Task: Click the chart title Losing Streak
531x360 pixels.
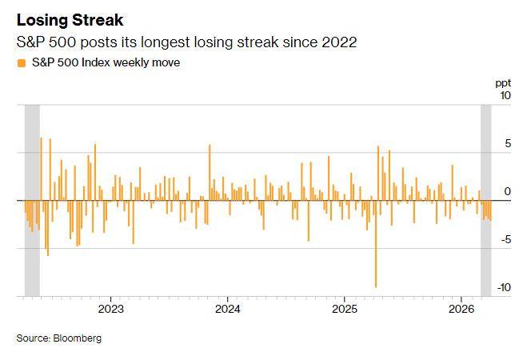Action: coord(70,18)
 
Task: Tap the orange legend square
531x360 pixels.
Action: coord(21,63)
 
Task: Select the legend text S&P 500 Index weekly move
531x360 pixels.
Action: coord(105,63)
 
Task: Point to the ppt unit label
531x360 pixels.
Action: coord(503,82)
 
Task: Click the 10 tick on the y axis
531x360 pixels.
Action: coord(505,96)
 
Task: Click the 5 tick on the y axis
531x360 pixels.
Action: coord(507,144)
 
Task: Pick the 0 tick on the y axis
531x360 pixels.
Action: coord(507,192)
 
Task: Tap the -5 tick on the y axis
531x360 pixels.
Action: coord(505,240)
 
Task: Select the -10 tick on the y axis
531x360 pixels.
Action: coord(503,288)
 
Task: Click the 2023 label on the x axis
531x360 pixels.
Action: coord(110,309)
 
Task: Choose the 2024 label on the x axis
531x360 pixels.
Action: coord(227,309)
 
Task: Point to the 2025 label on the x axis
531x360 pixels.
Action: coord(344,309)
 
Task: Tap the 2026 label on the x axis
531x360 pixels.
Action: coord(461,309)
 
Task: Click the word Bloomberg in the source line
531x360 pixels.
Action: coord(78,338)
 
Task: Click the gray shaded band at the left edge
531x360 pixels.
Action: coord(32,200)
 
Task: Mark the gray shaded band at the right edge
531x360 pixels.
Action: coord(485,200)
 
